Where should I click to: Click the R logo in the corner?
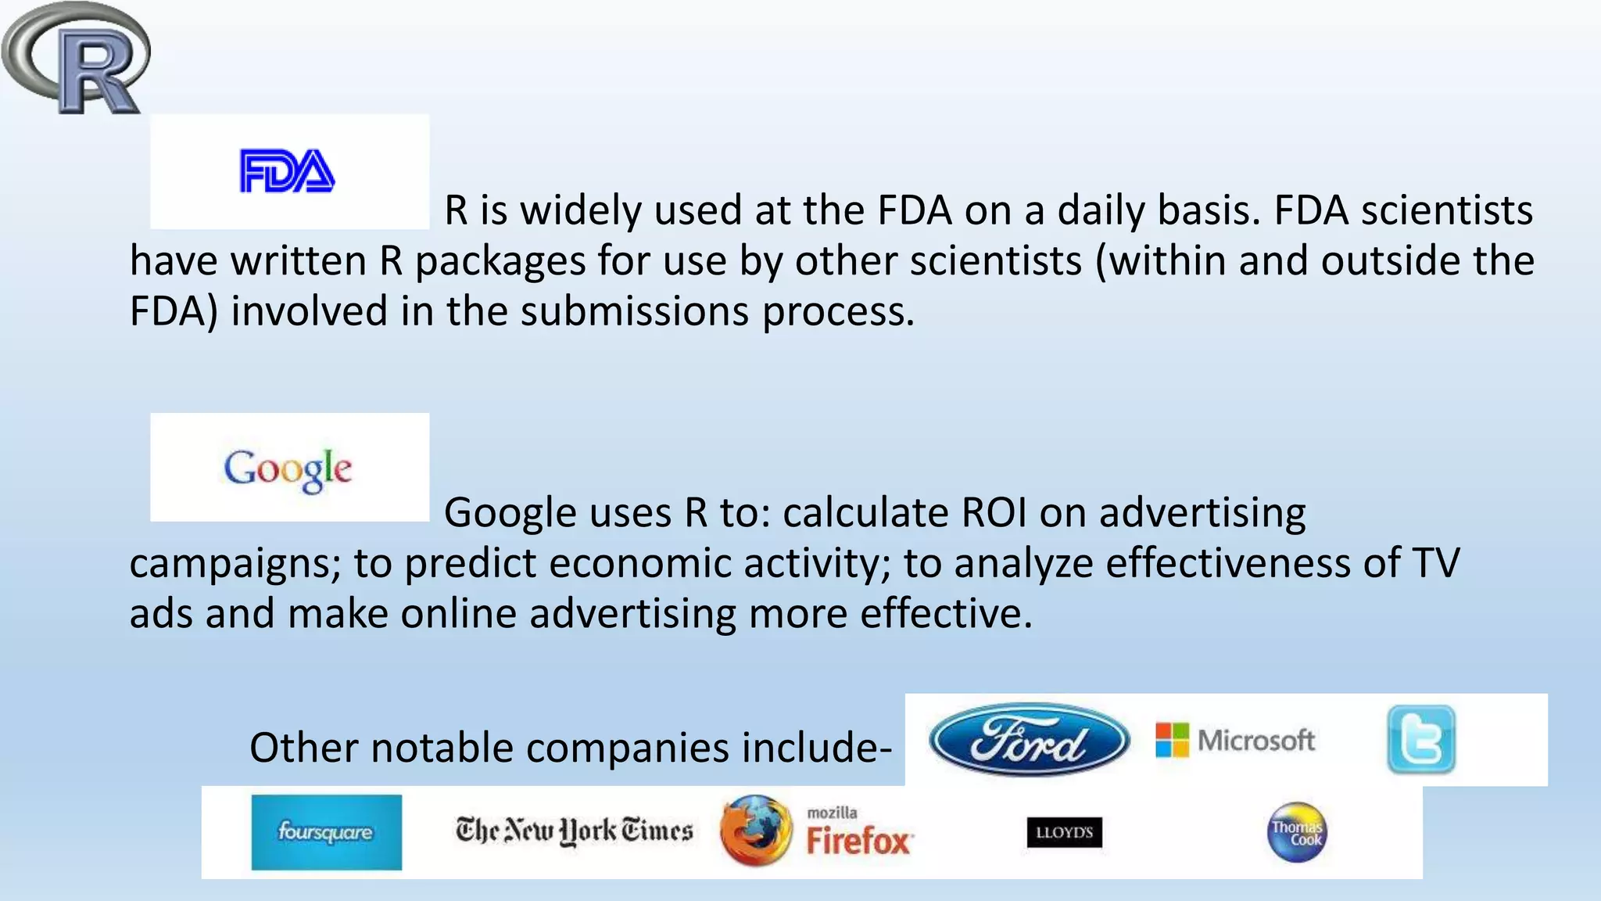[77, 59]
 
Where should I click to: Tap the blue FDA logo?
[287, 171]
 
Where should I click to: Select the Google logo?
[288, 469]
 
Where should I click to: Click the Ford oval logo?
[1029, 740]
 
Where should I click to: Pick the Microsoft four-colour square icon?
[1172, 740]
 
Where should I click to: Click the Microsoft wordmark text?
[1256, 740]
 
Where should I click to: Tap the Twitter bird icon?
[1421, 740]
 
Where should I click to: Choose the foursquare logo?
[326, 832]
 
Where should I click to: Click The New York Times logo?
[574, 831]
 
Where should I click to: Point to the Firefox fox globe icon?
[755, 831]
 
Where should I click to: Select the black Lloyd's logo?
[1064, 832]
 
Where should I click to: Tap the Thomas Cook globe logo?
[1296, 832]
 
